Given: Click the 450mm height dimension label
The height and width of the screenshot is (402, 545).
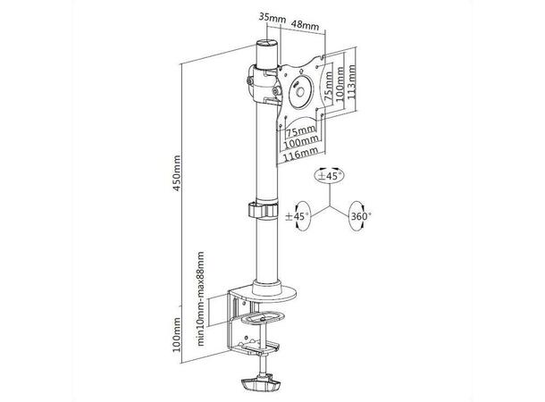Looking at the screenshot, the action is tap(177, 172).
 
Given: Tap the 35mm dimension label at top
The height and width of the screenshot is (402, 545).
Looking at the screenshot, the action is tap(272, 17).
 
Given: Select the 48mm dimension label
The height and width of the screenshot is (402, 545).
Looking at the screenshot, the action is tap(305, 24).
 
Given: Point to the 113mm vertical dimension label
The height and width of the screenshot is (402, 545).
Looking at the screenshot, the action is tap(351, 82).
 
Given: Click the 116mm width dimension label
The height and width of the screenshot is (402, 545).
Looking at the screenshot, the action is tap(301, 154).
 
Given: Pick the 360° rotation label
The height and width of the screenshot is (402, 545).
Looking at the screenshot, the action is tap(360, 216).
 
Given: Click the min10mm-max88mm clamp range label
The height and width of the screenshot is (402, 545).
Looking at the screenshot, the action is tap(200, 298).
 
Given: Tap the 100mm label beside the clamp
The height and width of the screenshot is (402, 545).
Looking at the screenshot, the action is tap(177, 334).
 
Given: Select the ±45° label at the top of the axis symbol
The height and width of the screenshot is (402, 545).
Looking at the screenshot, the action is tap(330, 175).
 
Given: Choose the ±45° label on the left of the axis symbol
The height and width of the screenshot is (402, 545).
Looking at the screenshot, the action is tap(297, 216).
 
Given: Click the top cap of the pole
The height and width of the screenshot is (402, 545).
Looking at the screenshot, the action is tap(267, 44).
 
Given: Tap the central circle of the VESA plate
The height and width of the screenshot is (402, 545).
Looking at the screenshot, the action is tap(300, 92).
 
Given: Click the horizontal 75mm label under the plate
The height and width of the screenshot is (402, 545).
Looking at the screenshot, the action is tap(300, 131).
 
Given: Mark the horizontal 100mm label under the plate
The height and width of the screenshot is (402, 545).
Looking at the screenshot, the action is tap(301, 141).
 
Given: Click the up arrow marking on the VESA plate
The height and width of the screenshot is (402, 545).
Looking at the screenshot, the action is tap(301, 71).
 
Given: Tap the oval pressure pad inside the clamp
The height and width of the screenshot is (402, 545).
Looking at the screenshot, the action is tap(263, 317).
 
